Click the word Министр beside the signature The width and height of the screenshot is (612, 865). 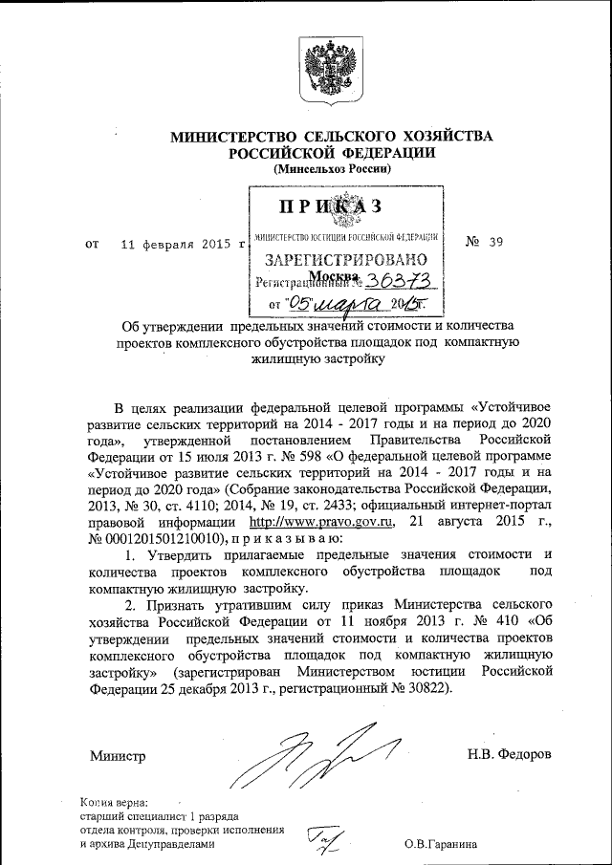pos(118,756)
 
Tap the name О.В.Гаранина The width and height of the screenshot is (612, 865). pos(440,844)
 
